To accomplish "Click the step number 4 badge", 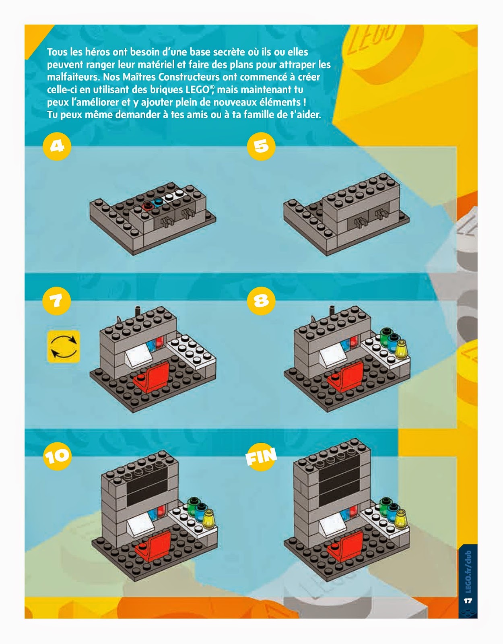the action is point(57,147).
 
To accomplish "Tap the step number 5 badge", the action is point(261,147).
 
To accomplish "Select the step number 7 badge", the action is point(57,301).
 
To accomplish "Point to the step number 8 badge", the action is point(261,301).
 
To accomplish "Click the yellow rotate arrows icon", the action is point(64,347).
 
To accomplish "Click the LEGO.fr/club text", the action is point(468,572).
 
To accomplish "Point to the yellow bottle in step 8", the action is point(401,350).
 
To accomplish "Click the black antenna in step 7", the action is point(138,312).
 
